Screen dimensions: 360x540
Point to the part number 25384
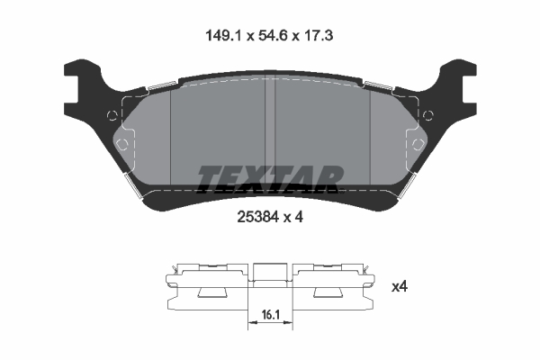(256, 216)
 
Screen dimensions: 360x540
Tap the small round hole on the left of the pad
(112, 114)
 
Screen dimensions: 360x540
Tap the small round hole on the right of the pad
(427, 114)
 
